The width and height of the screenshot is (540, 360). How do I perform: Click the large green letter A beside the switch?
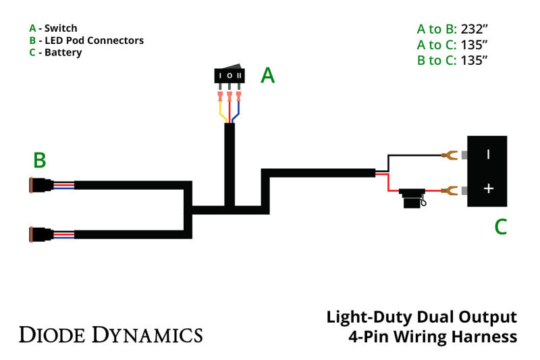(268, 76)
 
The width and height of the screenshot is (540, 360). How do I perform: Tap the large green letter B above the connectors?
(40, 160)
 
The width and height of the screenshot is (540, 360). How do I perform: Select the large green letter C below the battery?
(500, 227)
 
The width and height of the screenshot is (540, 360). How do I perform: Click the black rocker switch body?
(230, 75)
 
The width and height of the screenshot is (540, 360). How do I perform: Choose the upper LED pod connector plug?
(41, 184)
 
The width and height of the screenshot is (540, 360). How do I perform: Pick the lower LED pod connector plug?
(41, 234)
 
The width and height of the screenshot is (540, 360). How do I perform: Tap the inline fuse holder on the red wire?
(410, 197)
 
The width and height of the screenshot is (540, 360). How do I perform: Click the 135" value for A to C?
(474, 45)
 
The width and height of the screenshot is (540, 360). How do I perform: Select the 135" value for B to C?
(474, 60)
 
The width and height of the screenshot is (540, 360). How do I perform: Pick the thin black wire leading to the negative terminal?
(412, 155)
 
